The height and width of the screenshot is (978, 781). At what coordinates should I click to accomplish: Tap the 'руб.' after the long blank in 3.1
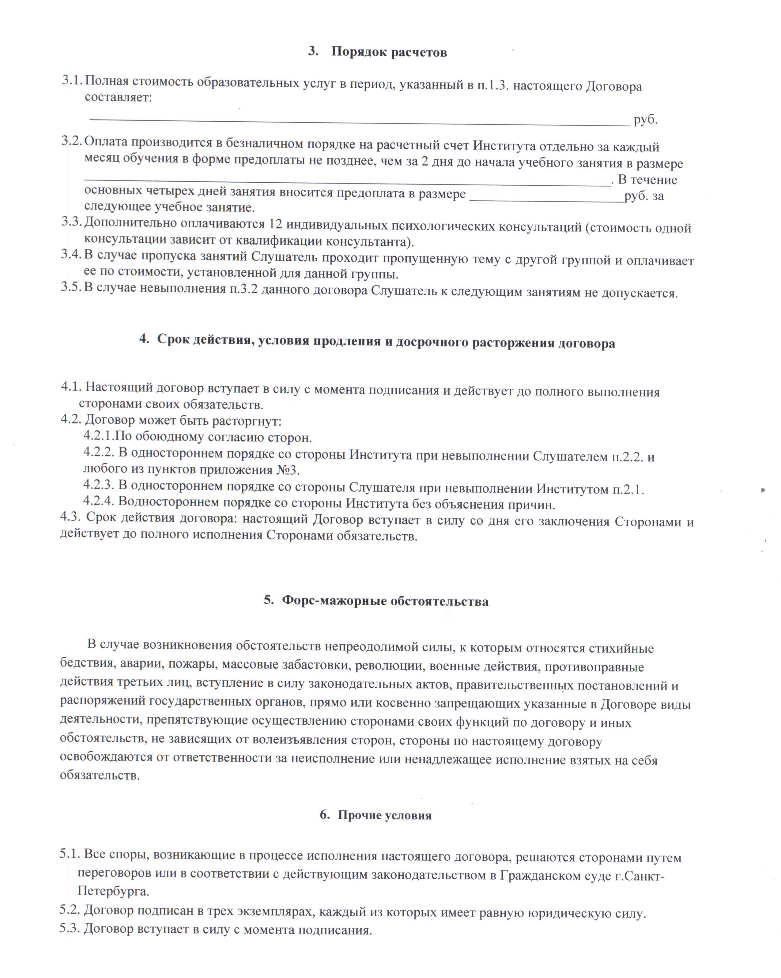[x=645, y=120]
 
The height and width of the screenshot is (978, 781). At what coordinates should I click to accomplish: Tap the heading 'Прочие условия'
[x=385, y=815]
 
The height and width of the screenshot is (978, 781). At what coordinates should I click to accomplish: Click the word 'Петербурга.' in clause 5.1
[x=113, y=891]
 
